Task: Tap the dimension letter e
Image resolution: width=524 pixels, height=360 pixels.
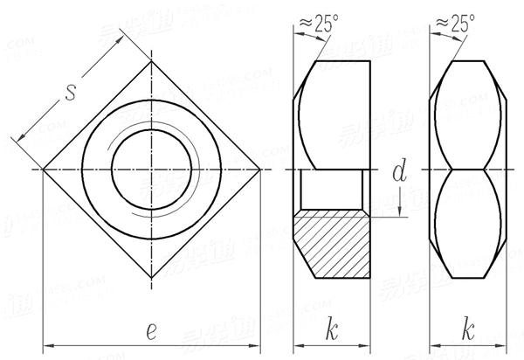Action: [x=151, y=329]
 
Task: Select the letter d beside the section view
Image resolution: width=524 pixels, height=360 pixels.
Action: [x=401, y=174]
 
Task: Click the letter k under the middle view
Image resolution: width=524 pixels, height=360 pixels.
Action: [x=333, y=329]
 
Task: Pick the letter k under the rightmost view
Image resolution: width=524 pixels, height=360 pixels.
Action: [x=470, y=329]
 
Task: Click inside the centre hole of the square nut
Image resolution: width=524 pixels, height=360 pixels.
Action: [x=151, y=169]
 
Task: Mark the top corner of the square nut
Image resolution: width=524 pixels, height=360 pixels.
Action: [x=151, y=59]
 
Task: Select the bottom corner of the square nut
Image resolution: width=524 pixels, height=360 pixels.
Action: [x=151, y=278]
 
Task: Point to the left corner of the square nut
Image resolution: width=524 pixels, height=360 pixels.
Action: [x=42, y=169]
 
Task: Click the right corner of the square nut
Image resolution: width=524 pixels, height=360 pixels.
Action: [x=260, y=169]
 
